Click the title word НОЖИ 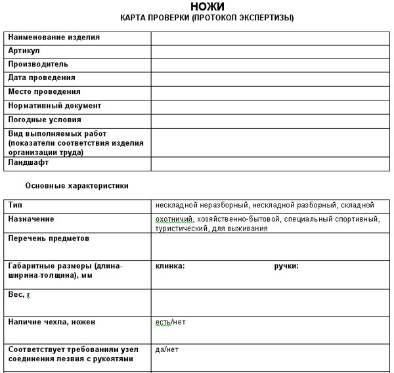tap(207, 7)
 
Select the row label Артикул tap(24, 51)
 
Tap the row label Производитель tap(38, 64)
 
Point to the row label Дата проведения tap(41, 78)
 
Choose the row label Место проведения tap(44, 92)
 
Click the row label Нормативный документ tap(55, 106)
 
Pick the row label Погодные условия tap(45, 120)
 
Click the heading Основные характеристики tap(77, 186)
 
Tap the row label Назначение tap(31, 219)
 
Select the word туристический tap(181, 229)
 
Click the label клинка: tap(169, 267)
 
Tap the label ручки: tap(286, 267)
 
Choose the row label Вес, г tap(20, 295)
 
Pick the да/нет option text tap(167, 350)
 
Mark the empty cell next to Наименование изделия tap(271, 37)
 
